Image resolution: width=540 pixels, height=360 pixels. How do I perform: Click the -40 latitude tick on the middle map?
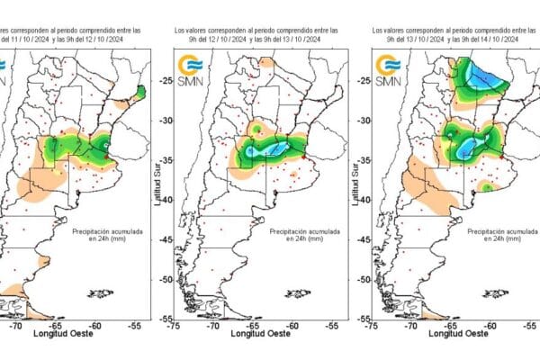tap(166, 200)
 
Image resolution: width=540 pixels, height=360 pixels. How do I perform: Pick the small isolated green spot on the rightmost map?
tap(487, 187)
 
